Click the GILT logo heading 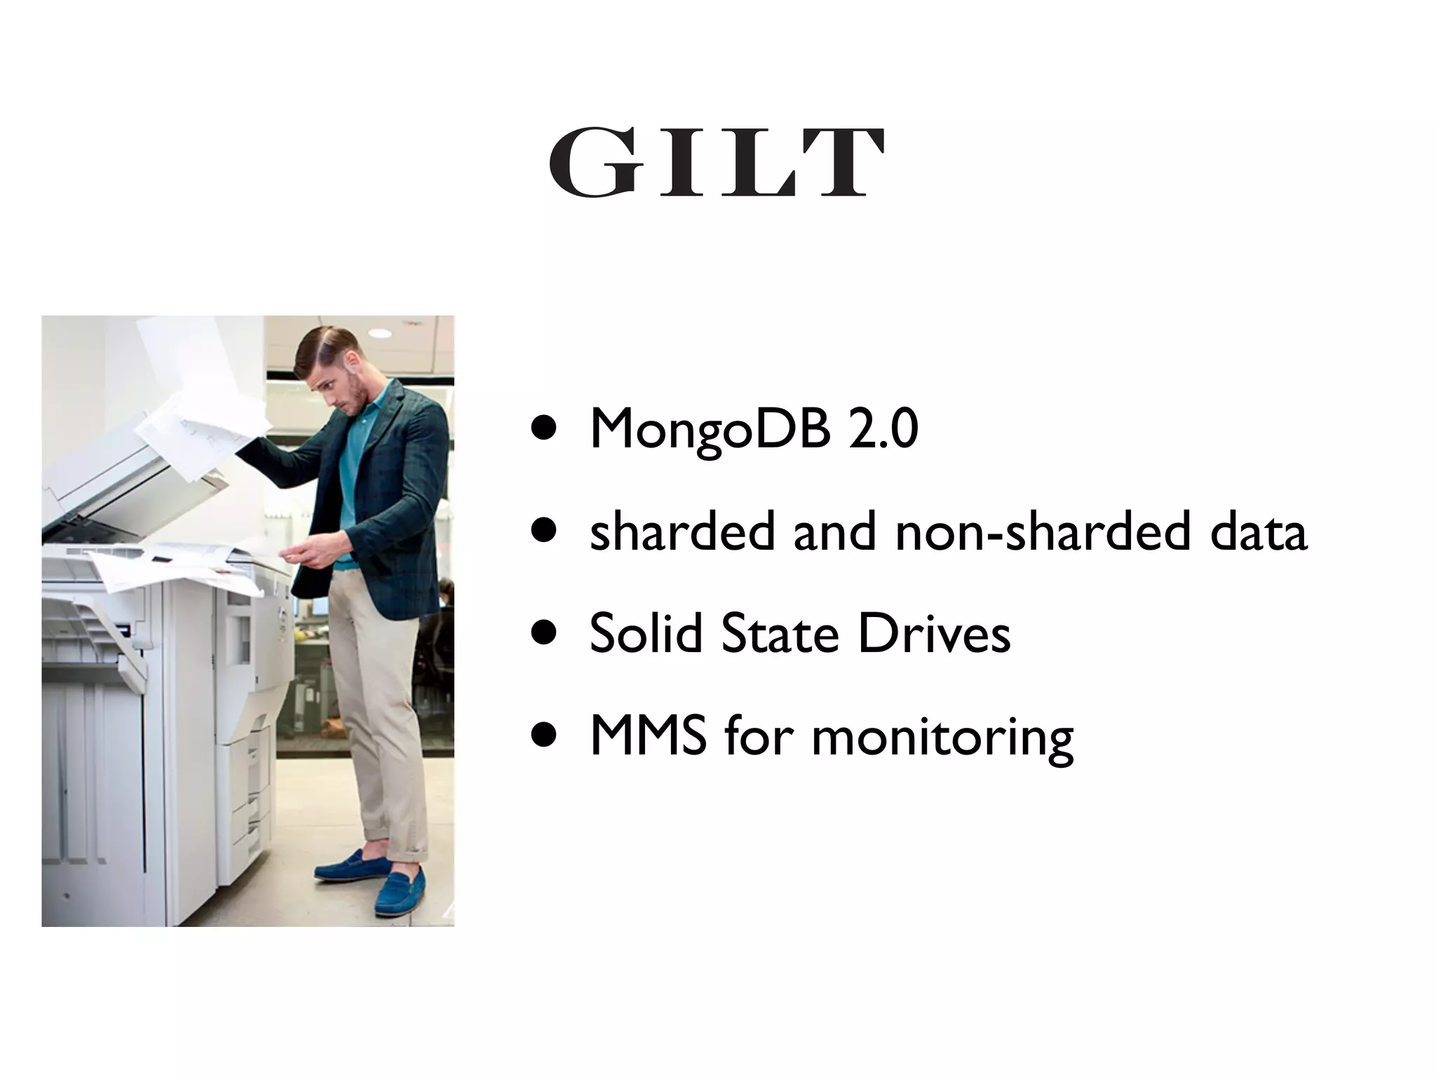point(717,162)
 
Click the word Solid point(646,633)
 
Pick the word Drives point(934,633)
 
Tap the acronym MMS point(648,735)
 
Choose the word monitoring point(942,738)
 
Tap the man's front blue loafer point(400,894)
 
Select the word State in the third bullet point(780,633)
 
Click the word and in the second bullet point(834,531)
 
